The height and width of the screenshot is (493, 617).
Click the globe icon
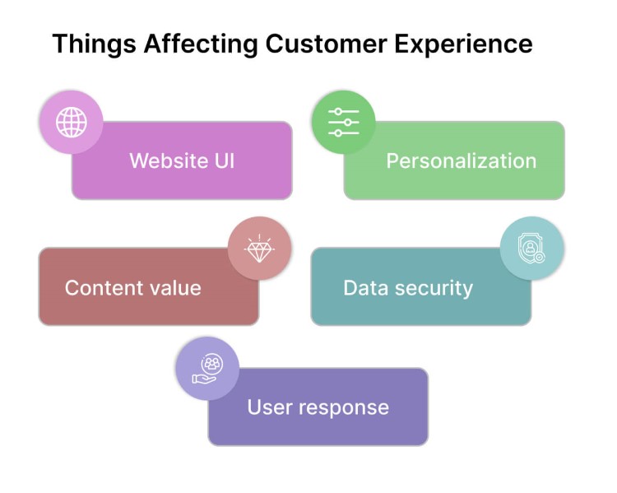pyautogui.click(x=72, y=123)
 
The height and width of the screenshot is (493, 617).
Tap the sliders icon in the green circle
pyautogui.click(x=344, y=123)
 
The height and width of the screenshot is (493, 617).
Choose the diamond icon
pyautogui.click(x=260, y=249)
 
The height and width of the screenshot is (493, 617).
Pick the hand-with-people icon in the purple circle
pyautogui.click(x=207, y=369)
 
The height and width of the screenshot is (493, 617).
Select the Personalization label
pyautogui.click(x=461, y=160)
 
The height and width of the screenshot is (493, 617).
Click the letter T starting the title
pyautogui.click(x=58, y=44)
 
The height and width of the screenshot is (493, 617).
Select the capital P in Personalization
pyautogui.click(x=392, y=160)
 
